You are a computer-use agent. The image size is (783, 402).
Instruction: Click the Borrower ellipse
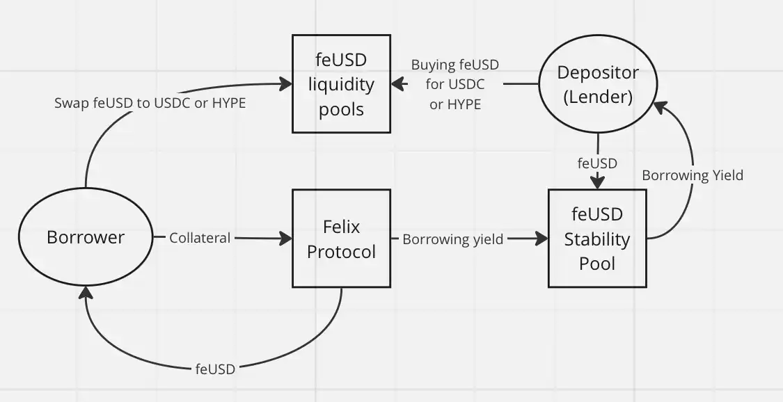pyautogui.click(x=86, y=238)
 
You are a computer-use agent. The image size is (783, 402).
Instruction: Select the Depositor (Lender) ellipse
pyautogui.click(x=598, y=85)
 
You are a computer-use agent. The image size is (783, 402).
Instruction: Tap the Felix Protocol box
pyautogui.click(x=341, y=239)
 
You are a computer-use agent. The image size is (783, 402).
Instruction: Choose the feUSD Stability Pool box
pyautogui.click(x=597, y=239)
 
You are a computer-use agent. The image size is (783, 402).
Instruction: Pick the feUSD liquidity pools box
pyautogui.click(x=341, y=84)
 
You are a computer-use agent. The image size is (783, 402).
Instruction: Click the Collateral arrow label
pyautogui.click(x=200, y=238)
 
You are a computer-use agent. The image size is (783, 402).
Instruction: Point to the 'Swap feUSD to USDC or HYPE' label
pyautogui.click(x=150, y=103)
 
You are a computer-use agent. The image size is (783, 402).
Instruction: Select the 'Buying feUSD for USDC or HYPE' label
pyautogui.click(x=455, y=85)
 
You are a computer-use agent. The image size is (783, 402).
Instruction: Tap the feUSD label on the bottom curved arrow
pyautogui.click(x=215, y=369)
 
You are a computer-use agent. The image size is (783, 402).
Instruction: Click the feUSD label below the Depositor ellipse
pyautogui.click(x=597, y=163)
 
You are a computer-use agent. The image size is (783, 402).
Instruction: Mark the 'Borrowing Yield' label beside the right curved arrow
pyautogui.click(x=692, y=175)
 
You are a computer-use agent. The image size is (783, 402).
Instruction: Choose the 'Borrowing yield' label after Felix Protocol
pyautogui.click(x=452, y=239)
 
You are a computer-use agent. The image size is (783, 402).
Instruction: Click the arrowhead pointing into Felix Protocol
pyautogui.click(x=286, y=239)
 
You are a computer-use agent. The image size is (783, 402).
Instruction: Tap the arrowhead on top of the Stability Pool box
pyautogui.click(x=597, y=183)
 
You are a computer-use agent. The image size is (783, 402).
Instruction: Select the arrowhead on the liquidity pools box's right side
pyautogui.click(x=397, y=84)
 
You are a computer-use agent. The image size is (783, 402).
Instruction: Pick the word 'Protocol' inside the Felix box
pyautogui.click(x=341, y=251)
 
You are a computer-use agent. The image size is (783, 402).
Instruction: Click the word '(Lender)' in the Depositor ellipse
pyautogui.click(x=598, y=97)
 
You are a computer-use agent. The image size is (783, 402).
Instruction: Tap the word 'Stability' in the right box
pyautogui.click(x=597, y=239)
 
